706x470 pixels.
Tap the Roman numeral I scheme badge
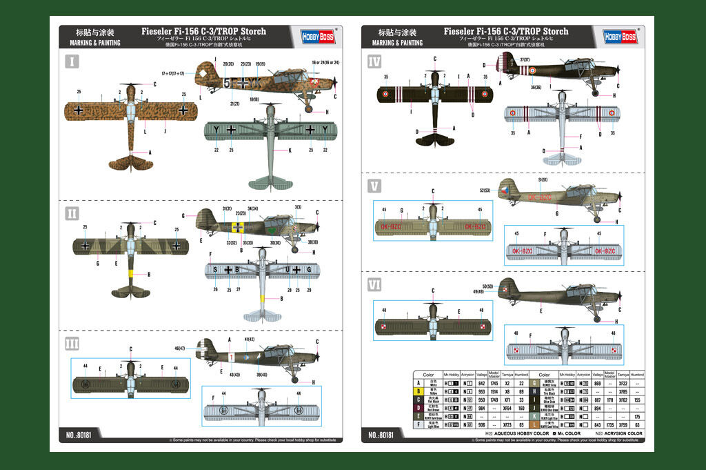(x=72, y=62)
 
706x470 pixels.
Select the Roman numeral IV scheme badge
(x=375, y=62)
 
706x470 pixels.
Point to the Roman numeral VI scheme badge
(x=375, y=283)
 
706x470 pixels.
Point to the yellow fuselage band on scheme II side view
(x=238, y=227)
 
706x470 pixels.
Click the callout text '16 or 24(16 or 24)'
(x=325, y=63)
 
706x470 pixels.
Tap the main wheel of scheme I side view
(x=308, y=108)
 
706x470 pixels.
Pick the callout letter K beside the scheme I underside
(x=289, y=150)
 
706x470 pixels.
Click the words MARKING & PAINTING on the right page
(x=397, y=43)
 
